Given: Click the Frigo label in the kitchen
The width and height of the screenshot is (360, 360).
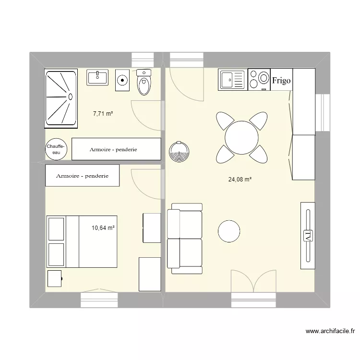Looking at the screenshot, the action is (x=281, y=81).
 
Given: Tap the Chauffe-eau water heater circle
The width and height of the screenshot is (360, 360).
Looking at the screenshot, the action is (x=56, y=149).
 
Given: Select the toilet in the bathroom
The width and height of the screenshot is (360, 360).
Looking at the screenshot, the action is (x=144, y=82).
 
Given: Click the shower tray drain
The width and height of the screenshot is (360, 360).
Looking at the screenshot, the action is (x=71, y=97).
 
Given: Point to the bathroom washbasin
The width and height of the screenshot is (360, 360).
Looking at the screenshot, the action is (x=97, y=77).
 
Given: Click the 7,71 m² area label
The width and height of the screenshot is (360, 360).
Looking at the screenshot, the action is (x=103, y=114).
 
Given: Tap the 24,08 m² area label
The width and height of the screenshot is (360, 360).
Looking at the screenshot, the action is (x=240, y=180).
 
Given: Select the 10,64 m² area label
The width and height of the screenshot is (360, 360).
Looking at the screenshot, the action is (x=103, y=228).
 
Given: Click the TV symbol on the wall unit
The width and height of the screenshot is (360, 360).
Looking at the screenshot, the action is (x=308, y=236).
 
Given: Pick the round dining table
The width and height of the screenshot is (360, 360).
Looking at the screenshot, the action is (x=241, y=138).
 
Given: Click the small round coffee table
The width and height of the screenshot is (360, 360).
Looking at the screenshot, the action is (x=229, y=231).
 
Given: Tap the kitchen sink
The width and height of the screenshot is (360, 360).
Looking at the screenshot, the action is (x=232, y=80).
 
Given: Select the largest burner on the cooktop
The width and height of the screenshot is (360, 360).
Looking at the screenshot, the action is (x=264, y=78).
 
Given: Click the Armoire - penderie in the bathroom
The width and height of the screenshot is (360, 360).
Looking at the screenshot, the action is (x=116, y=149).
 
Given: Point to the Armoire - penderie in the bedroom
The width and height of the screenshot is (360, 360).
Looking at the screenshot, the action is (x=82, y=175).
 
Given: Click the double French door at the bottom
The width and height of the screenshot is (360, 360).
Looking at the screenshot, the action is (x=253, y=281).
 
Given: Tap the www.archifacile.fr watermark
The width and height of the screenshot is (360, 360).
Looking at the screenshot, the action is (x=330, y=331).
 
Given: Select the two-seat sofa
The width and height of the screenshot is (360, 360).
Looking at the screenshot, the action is (x=185, y=239).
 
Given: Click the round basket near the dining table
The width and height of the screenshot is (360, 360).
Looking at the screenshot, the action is (x=179, y=152).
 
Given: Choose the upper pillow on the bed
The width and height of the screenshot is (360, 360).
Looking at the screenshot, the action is (x=56, y=229).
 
